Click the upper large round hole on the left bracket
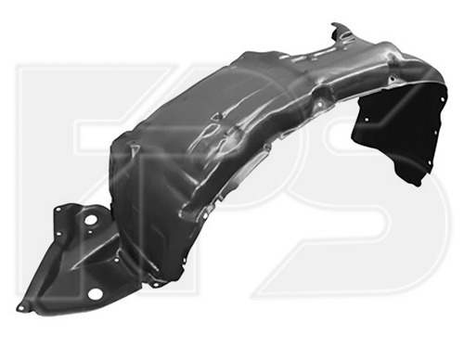[91, 222]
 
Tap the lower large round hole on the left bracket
[94, 294]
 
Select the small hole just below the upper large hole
[89, 234]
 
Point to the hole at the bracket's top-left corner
[58, 210]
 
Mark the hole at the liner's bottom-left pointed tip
[21, 307]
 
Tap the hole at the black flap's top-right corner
[443, 99]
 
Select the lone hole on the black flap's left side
[367, 120]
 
